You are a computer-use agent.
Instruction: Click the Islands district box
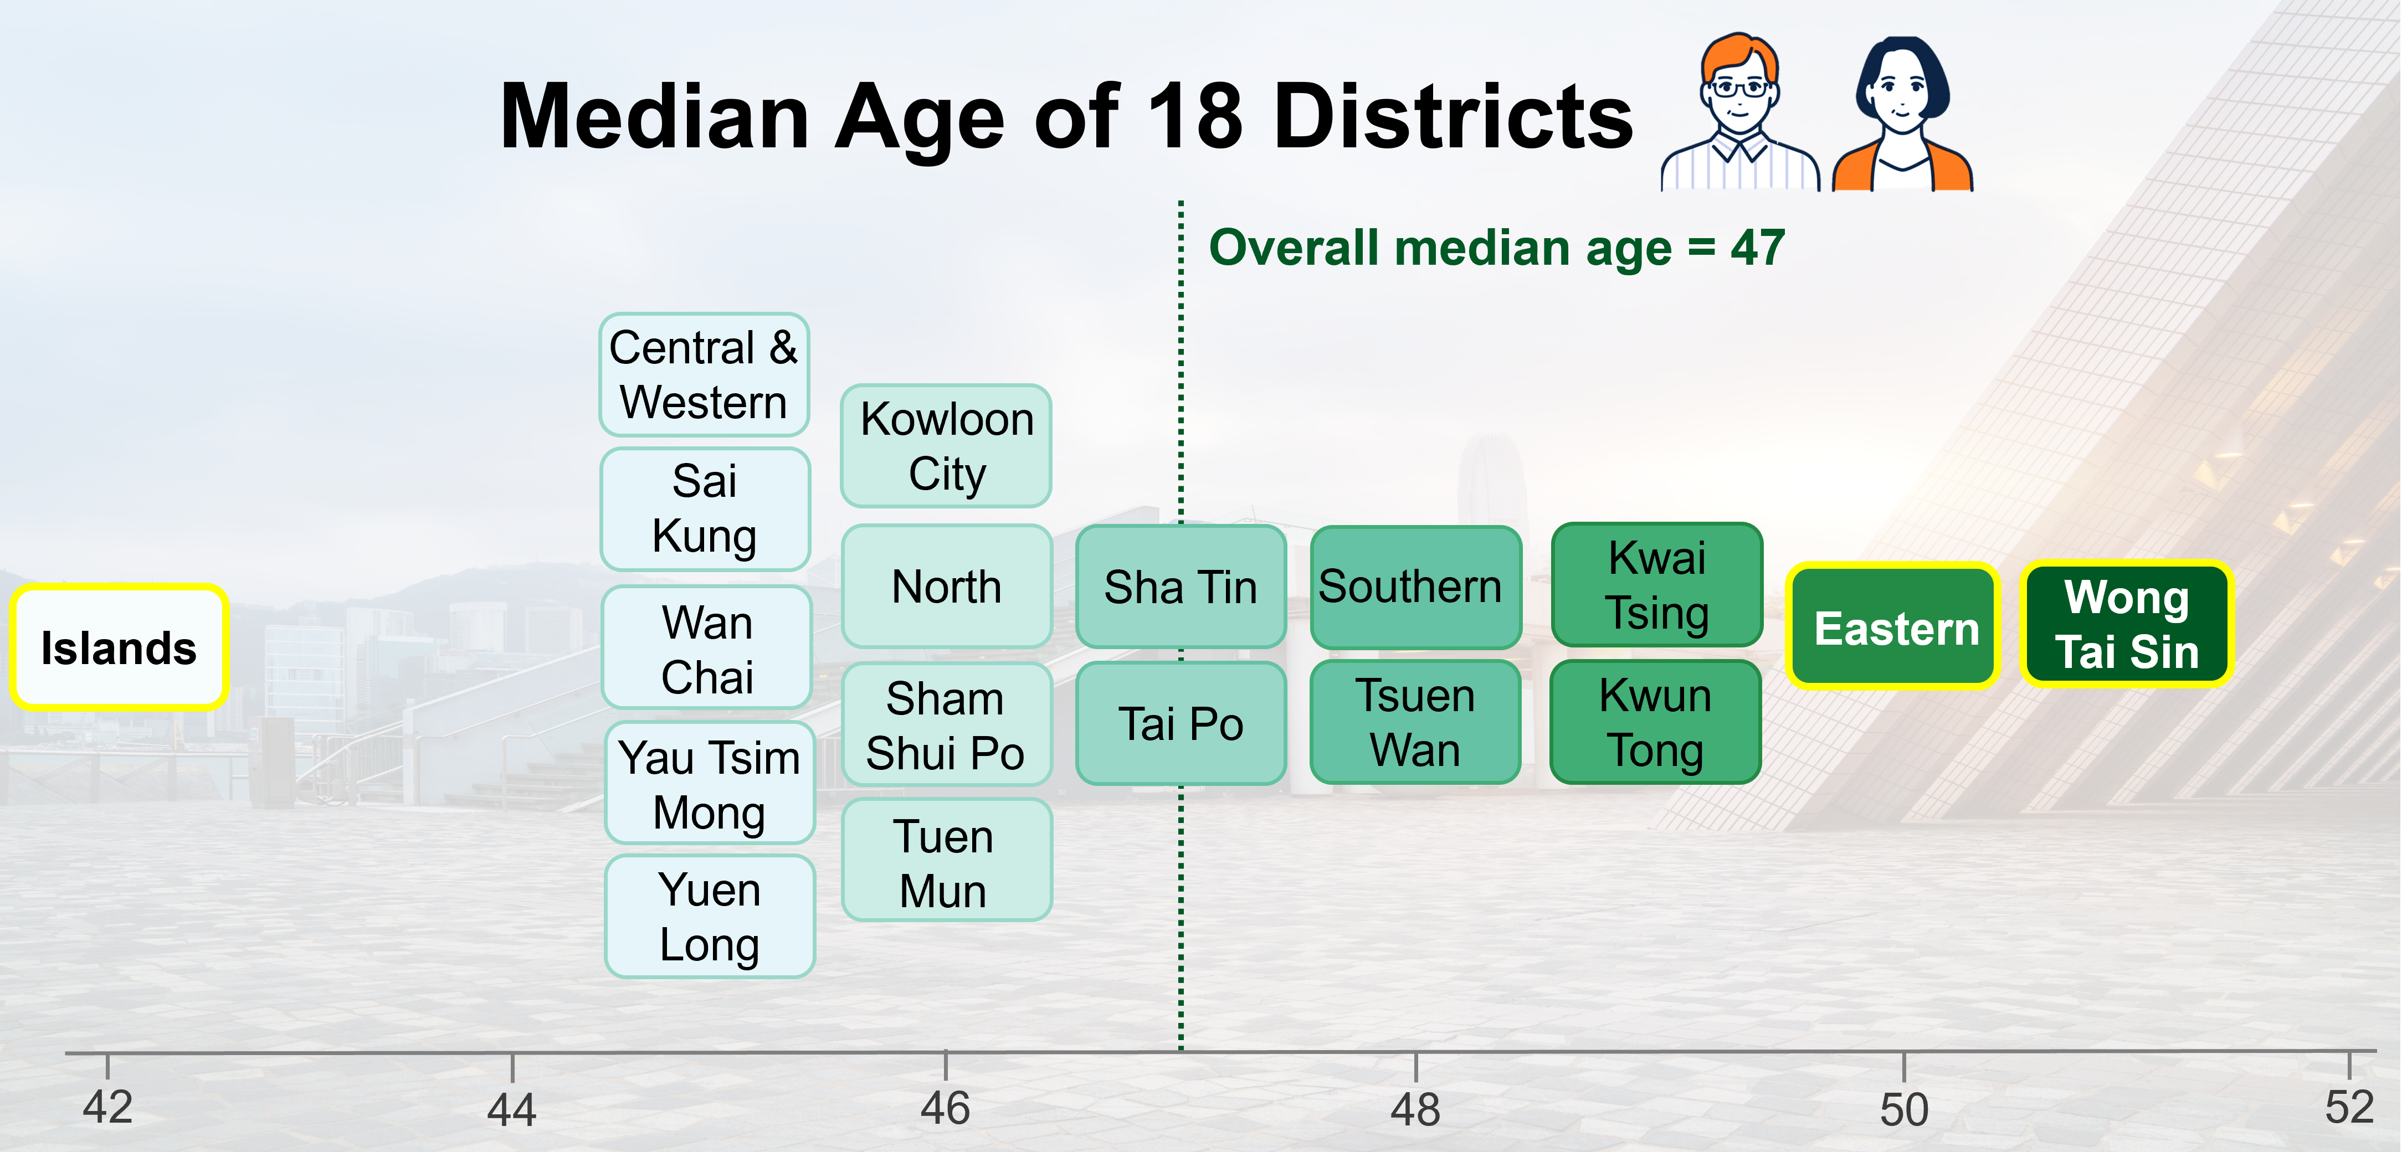coord(119,648)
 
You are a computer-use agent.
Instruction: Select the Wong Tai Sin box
coord(2126,624)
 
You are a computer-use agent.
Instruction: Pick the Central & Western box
coord(704,375)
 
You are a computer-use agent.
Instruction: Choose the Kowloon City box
coord(946,445)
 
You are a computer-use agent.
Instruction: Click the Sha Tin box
coord(1181,587)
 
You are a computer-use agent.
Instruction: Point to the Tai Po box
coord(1181,723)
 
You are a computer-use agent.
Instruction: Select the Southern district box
coord(1414,587)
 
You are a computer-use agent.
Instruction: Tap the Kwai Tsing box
coord(1657,584)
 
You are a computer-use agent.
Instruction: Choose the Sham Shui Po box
coord(946,724)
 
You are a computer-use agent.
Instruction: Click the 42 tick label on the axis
coord(107,1107)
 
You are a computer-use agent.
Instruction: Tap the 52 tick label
coord(2349,1107)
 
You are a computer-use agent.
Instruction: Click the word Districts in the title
coord(1453,116)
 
